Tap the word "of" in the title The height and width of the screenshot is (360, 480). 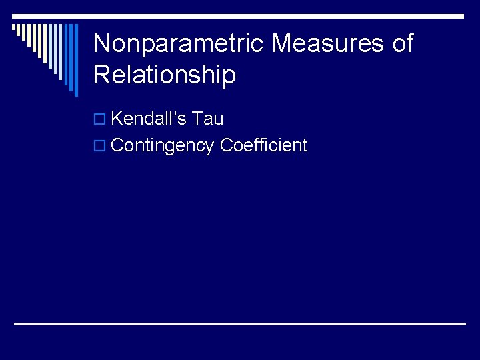[401, 44]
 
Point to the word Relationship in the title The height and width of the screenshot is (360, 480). [165, 75]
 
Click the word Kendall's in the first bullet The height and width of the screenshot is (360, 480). [147, 119]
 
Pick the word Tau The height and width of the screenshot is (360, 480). [207, 119]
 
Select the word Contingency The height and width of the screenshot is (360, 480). [163, 145]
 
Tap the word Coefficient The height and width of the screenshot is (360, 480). [263, 145]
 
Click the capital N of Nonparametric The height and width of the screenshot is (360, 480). [101, 44]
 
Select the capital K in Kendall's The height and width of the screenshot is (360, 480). [117, 119]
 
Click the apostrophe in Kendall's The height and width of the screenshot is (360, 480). [176, 115]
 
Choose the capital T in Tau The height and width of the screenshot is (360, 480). [197, 119]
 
